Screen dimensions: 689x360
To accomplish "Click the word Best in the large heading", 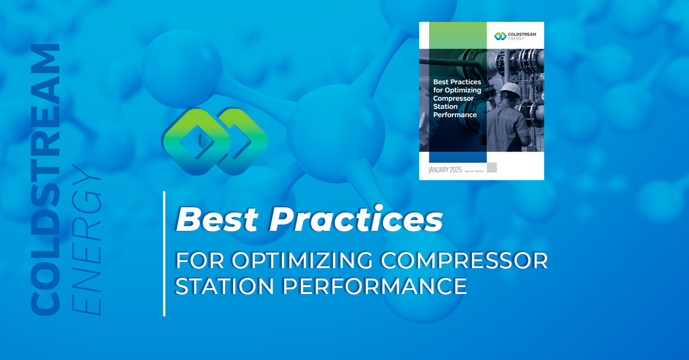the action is coord(217,219).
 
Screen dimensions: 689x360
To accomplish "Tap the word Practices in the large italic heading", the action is coord(356,218).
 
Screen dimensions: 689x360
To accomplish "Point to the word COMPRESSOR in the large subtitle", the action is coord(465,261).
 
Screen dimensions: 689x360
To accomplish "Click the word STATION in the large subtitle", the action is coord(224,286).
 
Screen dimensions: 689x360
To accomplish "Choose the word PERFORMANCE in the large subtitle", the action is coord(374,286).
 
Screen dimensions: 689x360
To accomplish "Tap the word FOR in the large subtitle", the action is coord(200,261).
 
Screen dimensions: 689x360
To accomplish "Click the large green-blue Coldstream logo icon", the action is coord(215,141).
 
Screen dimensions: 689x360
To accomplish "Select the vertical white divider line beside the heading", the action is coord(164,254).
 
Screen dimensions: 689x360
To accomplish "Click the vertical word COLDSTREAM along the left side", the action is coord(45,180).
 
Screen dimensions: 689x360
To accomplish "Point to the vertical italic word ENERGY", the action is coord(86,239).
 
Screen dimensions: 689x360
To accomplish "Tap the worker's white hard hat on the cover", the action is coord(510,89).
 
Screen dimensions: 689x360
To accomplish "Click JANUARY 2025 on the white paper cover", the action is coord(445,170).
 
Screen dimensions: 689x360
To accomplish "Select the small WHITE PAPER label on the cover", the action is coord(474,171).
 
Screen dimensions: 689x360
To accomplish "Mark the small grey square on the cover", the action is coord(492,168).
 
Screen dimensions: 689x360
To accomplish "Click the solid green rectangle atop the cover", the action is coord(458,36).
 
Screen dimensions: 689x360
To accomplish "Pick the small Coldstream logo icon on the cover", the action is coord(500,36).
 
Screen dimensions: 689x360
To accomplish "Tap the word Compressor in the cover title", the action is coord(454,98).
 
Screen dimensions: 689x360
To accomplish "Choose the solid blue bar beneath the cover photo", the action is coord(458,157).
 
